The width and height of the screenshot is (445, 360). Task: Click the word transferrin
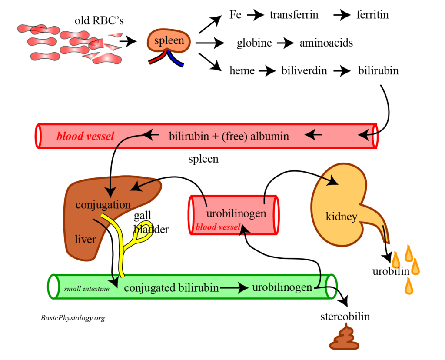click(294, 15)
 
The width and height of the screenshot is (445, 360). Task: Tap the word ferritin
click(372, 15)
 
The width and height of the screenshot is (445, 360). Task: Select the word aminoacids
click(326, 43)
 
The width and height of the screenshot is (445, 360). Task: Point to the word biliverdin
click(304, 70)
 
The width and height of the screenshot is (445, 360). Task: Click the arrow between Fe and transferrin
click(256, 15)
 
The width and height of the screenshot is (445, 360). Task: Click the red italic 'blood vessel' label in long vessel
click(86, 137)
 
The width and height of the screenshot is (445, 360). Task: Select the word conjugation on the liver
click(103, 204)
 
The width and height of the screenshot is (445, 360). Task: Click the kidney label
click(341, 216)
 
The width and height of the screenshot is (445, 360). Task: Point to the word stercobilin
click(345, 316)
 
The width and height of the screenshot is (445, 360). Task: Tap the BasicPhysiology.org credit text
click(73, 318)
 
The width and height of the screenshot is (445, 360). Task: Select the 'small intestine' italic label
click(86, 289)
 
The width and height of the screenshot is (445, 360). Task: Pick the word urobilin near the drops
click(390, 272)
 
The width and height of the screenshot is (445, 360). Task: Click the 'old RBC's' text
click(99, 21)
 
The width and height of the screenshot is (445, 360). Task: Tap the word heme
click(242, 70)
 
